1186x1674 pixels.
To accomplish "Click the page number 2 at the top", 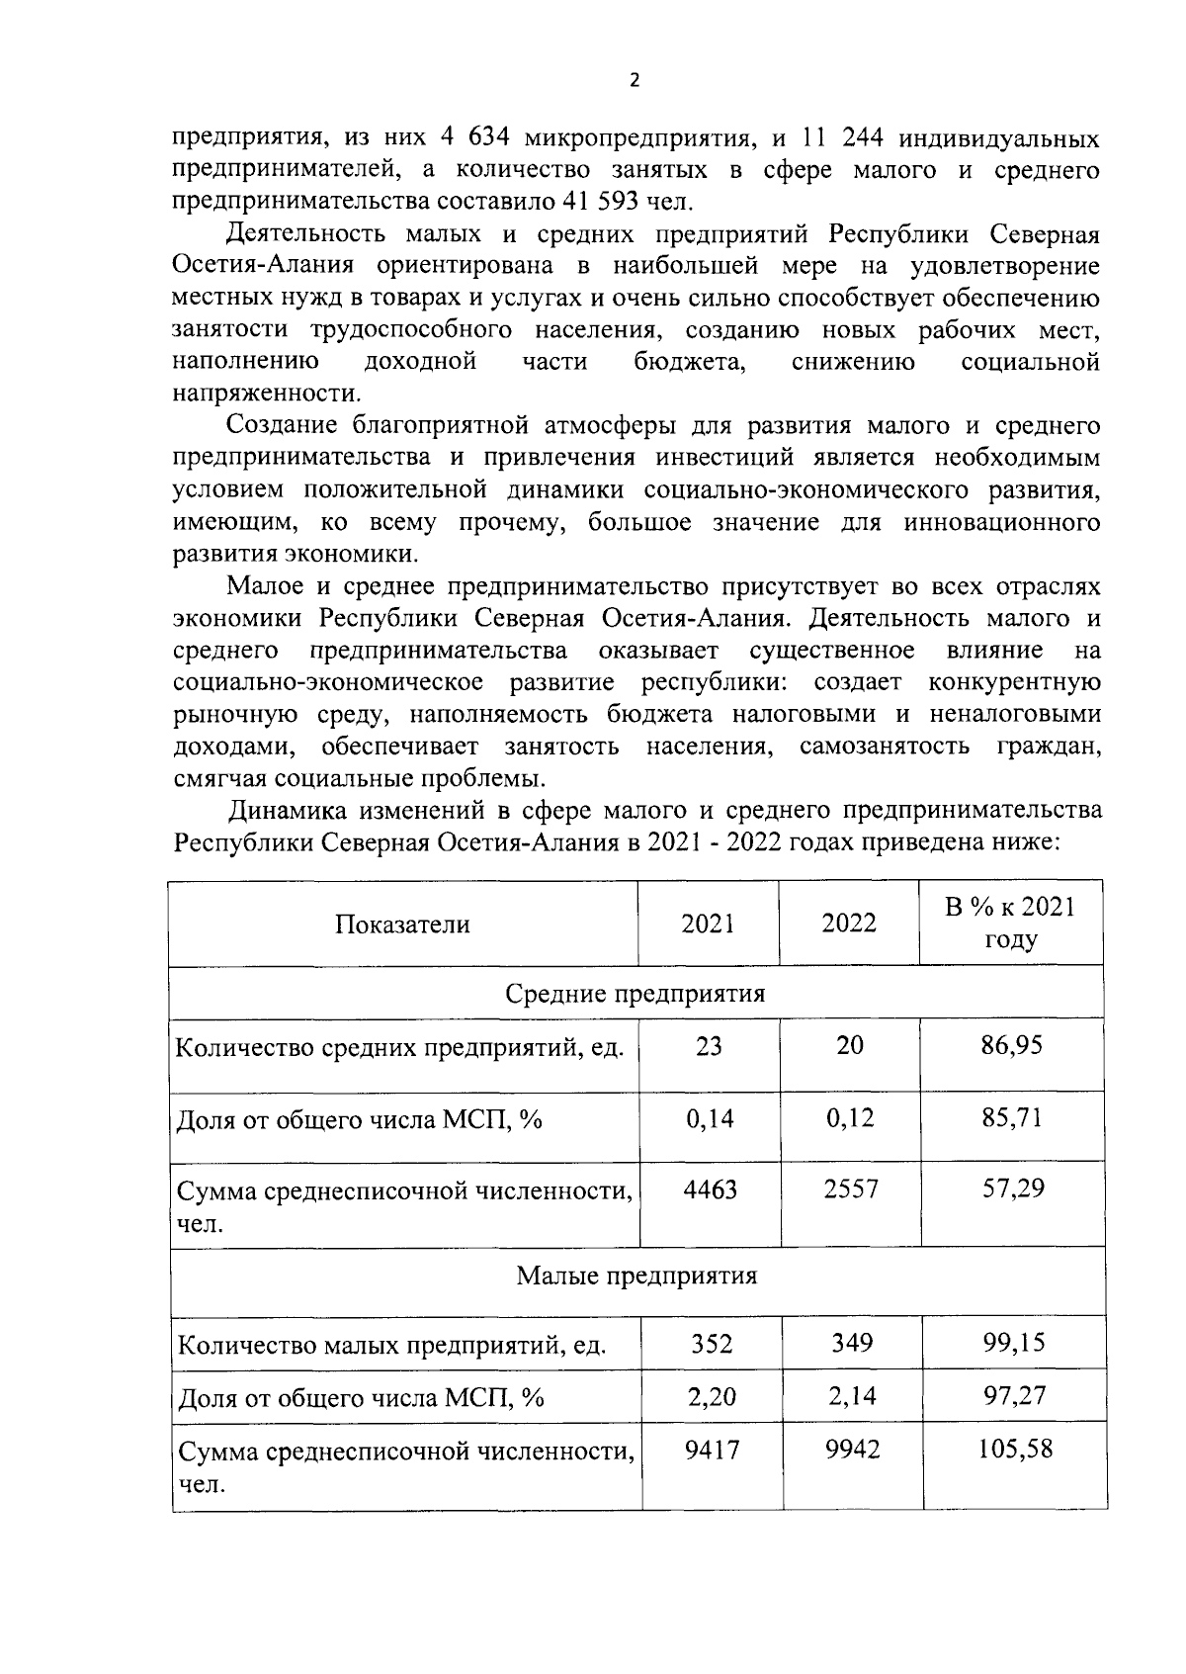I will click(x=635, y=81).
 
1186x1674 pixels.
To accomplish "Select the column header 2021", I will click(x=709, y=924).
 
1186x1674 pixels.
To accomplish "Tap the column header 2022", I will click(x=849, y=924).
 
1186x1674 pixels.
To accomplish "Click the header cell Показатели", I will click(x=402, y=925).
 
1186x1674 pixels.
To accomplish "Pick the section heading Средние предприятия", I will click(x=635, y=993).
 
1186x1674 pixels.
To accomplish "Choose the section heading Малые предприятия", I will click(x=636, y=1276).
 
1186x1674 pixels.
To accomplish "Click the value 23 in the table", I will click(x=709, y=1046).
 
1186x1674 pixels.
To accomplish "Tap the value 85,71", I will click(x=1011, y=1118).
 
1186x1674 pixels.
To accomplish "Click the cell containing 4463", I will click(x=710, y=1189).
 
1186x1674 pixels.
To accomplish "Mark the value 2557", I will click(x=850, y=1189).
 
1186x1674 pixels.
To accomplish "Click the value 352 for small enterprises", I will click(x=711, y=1344).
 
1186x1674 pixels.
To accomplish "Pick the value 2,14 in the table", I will click(x=851, y=1396).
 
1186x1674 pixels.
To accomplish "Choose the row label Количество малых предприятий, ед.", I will click(x=391, y=1346).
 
